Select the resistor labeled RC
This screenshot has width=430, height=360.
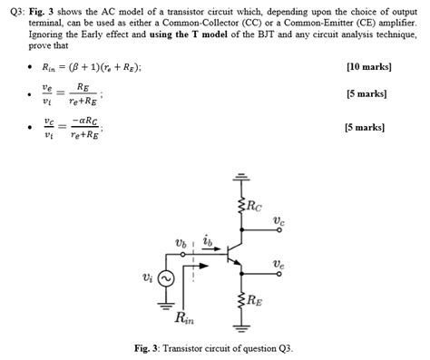[x=241, y=208]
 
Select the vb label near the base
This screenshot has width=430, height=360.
[x=181, y=242]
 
